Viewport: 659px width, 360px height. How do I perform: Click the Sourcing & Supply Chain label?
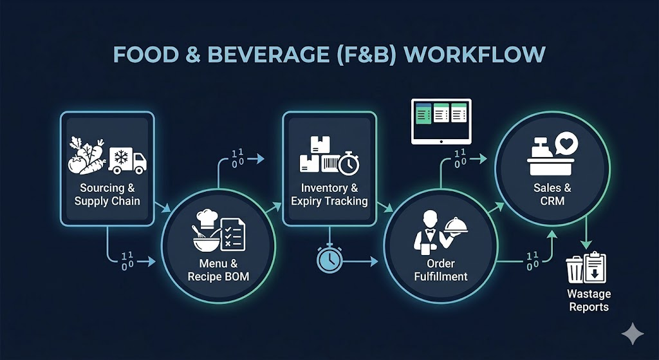[107, 194]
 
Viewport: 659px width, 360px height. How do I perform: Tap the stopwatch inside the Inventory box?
[348, 162]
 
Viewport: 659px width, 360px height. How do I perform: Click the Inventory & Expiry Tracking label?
[329, 194]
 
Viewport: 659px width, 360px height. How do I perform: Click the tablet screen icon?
[441, 120]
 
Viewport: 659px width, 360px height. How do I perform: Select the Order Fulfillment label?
[441, 270]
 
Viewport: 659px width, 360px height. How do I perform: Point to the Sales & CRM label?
[552, 194]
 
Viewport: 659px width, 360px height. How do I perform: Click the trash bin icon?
[575, 270]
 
